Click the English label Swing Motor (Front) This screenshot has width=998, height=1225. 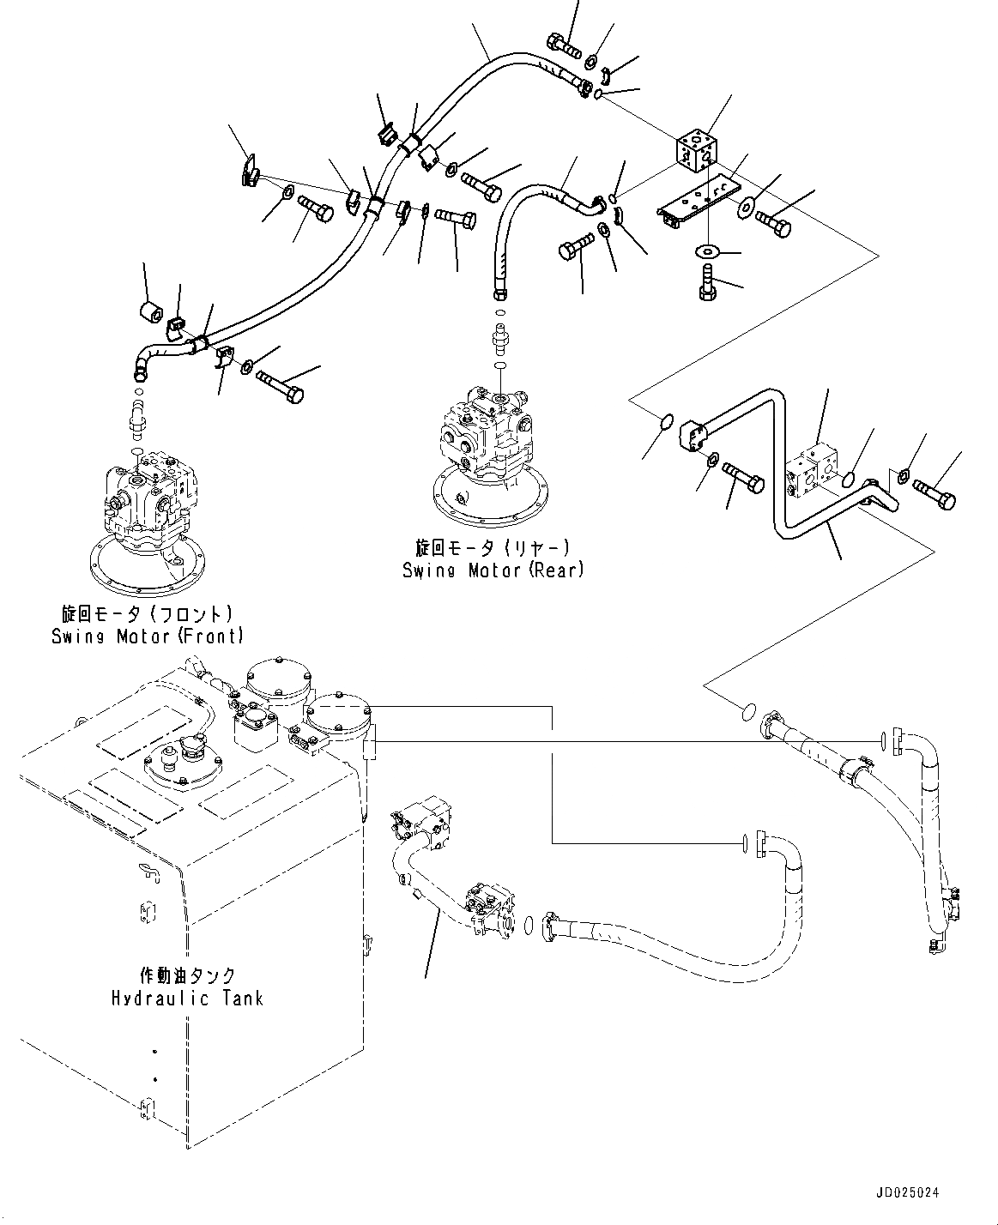tap(147, 636)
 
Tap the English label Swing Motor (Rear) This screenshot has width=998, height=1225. tap(493, 570)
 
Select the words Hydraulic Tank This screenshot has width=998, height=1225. tap(187, 998)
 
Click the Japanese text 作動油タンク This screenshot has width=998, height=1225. tap(187, 975)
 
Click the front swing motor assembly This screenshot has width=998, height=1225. tap(150, 515)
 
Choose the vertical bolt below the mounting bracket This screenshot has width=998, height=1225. tap(707, 282)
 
